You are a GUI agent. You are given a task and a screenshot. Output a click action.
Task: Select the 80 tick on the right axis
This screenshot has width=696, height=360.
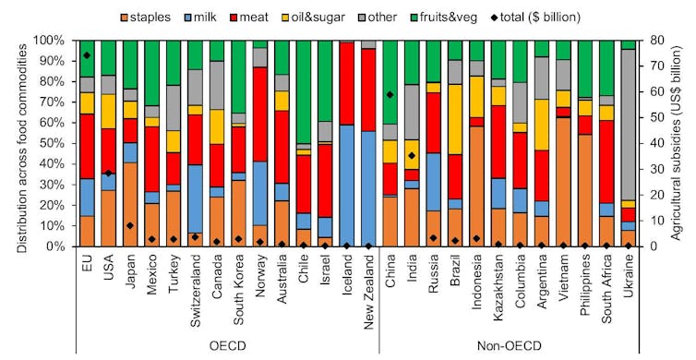[x=652, y=41]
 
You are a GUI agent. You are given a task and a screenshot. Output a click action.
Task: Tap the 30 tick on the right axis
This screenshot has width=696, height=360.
[x=652, y=170]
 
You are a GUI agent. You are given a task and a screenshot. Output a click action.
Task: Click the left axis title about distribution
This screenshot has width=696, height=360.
[x=13, y=144]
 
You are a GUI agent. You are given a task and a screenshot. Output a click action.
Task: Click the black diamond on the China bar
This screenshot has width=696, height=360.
[x=390, y=94]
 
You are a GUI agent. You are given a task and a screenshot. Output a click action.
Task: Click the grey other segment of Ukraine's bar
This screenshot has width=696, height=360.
[x=628, y=125]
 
